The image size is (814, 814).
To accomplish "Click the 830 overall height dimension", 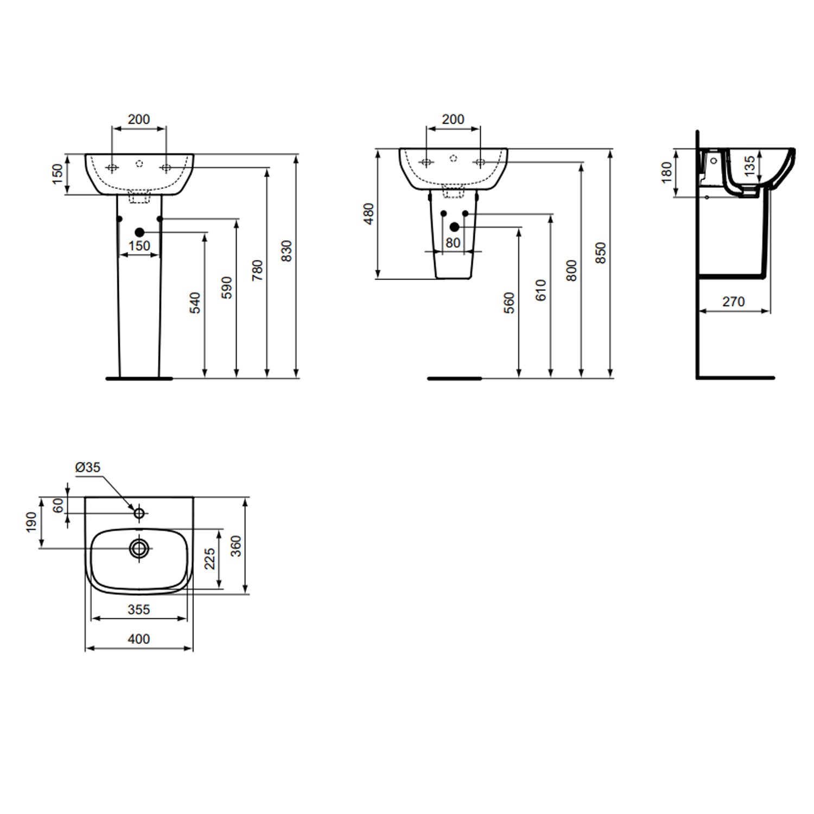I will [288, 251].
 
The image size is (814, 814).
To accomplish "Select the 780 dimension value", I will [258, 270].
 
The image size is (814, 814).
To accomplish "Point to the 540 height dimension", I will [195, 302].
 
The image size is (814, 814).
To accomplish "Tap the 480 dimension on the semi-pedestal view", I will [368, 214].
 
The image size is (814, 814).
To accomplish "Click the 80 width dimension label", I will [453, 243].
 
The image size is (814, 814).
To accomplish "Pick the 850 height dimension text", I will [601, 253].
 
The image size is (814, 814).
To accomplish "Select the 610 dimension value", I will [540, 290].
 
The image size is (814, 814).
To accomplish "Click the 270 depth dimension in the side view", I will [733, 302].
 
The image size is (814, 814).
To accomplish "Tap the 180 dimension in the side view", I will [666, 173].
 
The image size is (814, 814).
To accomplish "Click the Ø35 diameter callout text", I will [88, 467].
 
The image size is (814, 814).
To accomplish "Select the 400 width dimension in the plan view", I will [139, 639].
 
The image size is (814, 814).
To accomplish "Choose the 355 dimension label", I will [139, 610].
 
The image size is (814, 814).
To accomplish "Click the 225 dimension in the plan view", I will [210, 558].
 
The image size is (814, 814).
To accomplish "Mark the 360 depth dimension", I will [235, 546].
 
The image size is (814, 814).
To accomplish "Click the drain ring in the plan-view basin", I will [139, 548].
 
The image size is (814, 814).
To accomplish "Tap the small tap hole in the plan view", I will [139, 512].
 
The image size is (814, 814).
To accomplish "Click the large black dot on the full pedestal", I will [139, 232].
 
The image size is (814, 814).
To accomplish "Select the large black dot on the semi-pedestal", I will [454, 227].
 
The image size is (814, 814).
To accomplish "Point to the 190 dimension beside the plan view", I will [32, 522].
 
